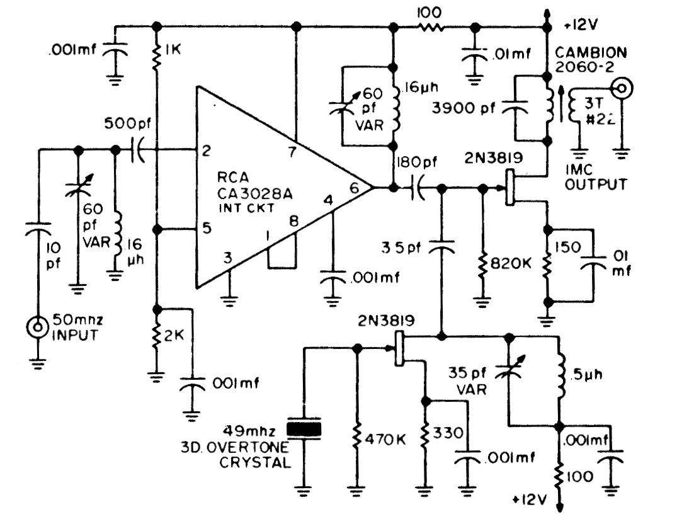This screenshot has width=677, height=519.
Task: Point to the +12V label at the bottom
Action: click(528, 500)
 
